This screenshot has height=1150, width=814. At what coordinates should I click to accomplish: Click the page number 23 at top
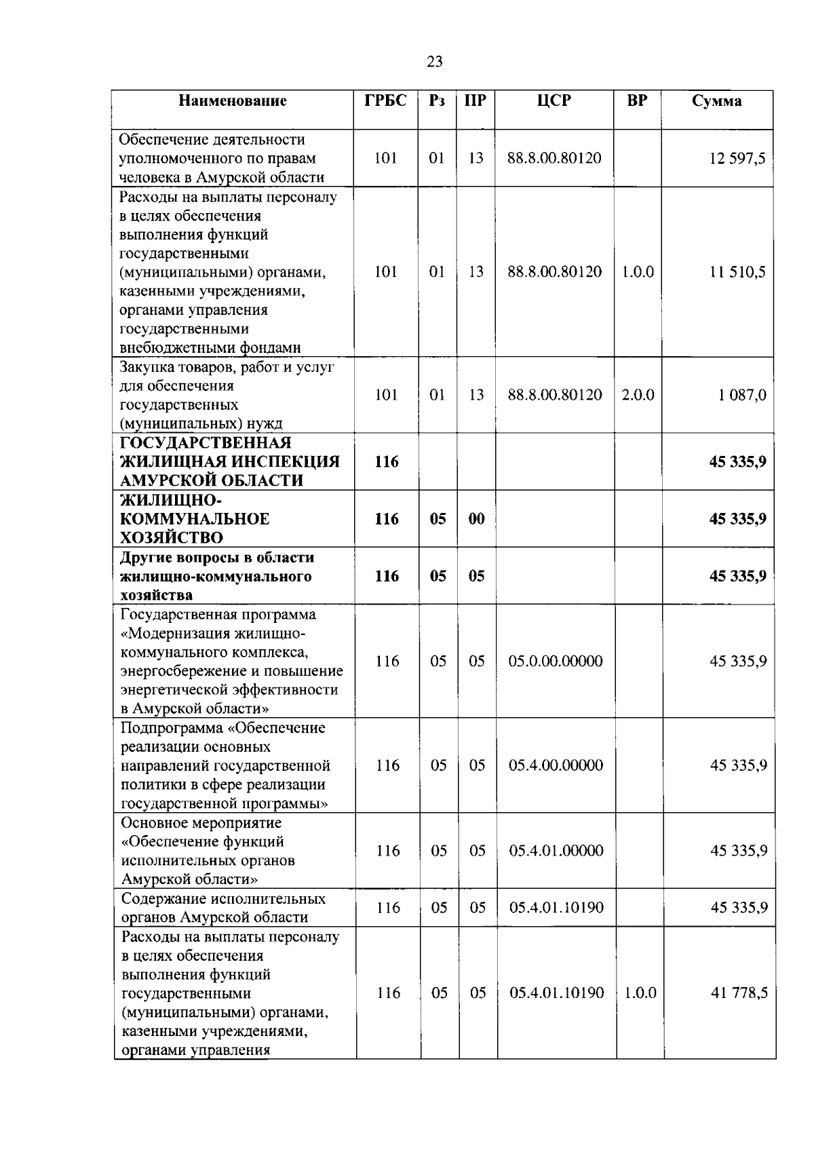pos(435,62)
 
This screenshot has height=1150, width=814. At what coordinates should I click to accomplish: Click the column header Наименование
pos(233,101)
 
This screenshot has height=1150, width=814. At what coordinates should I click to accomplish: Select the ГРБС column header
pos(386,100)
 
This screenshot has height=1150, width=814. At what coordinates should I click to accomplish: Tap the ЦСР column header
pos(554,100)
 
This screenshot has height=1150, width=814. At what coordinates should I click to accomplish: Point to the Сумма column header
pos(717,101)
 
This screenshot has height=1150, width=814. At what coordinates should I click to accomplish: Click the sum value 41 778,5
pos(739,993)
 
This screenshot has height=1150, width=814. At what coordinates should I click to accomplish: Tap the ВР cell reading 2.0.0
pos(638,395)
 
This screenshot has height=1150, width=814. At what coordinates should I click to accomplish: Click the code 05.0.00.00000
pos(556,662)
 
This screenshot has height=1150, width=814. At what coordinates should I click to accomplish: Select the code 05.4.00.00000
pos(556,765)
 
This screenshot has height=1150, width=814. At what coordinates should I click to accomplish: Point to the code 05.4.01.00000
pos(556,851)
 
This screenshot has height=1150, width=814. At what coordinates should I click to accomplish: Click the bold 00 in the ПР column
pos(476,519)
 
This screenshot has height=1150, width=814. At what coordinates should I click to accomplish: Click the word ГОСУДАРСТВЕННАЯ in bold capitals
pos(206,443)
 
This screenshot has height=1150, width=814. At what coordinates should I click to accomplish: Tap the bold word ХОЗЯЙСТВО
pos(172,538)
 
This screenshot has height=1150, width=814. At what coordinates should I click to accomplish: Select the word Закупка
pos(147,367)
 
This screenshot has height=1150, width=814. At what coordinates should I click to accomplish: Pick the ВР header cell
pos(637,100)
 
